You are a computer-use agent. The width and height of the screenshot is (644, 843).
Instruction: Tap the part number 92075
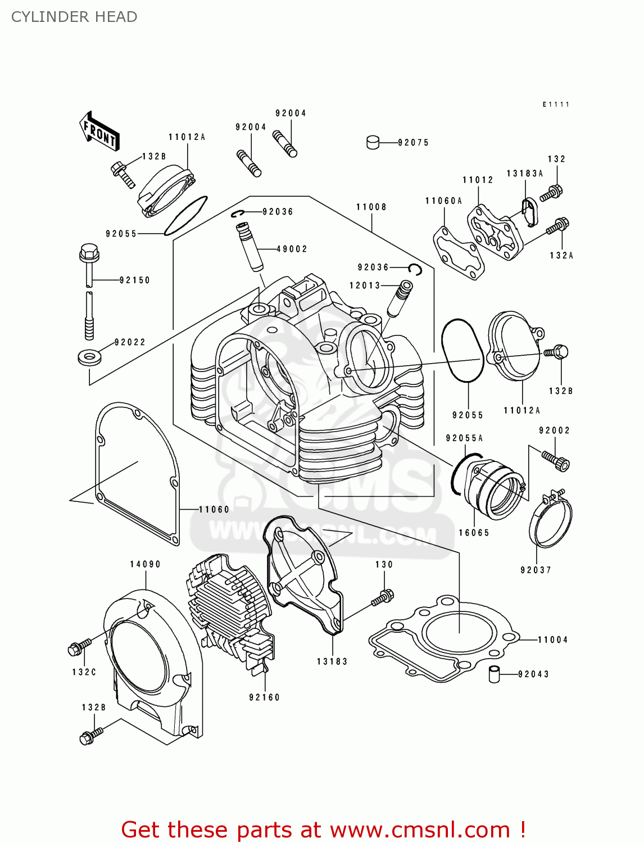[x=413, y=143]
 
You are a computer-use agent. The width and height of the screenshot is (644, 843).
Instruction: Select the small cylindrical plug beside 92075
[x=373, y=142]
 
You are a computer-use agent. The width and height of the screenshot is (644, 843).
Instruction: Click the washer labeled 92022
[x=89, y=357]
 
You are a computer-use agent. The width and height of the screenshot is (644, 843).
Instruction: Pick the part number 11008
[x=371, y=207]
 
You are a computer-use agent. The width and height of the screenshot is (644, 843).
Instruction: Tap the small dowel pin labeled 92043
[x=494, y=673]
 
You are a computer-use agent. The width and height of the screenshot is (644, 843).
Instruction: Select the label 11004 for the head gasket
[x=552, y=640]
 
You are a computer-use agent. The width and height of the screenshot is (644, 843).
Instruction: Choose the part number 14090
[x=145, y=564]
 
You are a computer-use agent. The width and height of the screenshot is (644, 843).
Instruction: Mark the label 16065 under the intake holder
[x=474, y=533]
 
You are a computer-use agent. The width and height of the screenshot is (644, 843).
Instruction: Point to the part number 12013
[x=365, y=285]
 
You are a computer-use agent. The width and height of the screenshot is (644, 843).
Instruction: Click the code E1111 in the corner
[x=556, y=105]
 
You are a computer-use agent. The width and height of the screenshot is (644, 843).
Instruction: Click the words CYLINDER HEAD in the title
[x=74, y=17]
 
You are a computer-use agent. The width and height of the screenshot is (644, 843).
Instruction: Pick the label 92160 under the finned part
[x=264, y=697]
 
